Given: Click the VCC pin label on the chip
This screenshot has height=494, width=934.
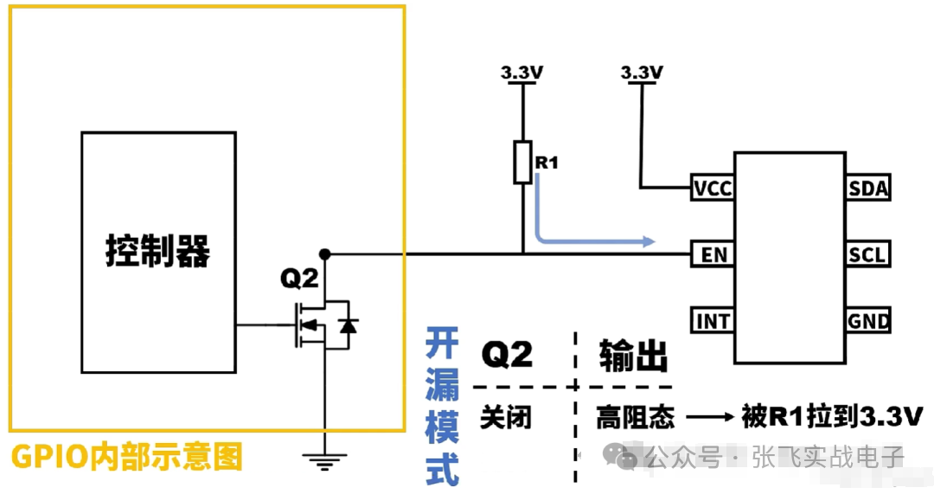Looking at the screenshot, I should (713, 188).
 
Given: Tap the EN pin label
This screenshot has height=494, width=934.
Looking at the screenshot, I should (713, 254).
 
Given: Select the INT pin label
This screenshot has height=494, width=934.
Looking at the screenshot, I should (713, 322).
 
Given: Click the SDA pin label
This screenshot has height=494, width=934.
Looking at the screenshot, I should (868, 188).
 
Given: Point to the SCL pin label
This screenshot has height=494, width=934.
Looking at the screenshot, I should (868, 254).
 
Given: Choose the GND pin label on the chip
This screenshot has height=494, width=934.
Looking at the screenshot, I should (868, 322).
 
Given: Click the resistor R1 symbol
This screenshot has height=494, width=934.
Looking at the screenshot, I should (522, 164).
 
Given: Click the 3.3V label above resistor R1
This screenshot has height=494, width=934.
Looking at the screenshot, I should (521, 74).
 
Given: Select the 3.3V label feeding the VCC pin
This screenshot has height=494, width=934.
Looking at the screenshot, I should (642, 74).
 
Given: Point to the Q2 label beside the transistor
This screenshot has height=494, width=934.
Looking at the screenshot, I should (299, 279).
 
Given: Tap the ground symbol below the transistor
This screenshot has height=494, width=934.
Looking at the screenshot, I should (324, 463).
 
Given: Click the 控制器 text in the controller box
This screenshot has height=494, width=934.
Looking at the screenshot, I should (157, 251).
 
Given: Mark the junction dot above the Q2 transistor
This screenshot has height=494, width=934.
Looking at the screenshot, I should (325, 253).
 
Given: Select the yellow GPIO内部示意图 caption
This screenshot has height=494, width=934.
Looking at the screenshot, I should (126, 457).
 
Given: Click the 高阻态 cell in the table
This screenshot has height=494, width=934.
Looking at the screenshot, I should (635, 418).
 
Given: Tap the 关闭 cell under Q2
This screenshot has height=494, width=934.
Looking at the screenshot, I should (506, 418).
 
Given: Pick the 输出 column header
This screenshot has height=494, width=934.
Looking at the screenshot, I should (634, 355).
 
